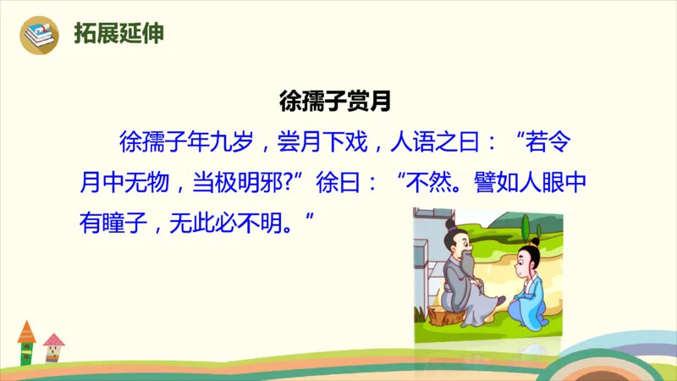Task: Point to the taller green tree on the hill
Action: [x=526, y=229]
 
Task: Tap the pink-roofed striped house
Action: [x=53, y=348]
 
